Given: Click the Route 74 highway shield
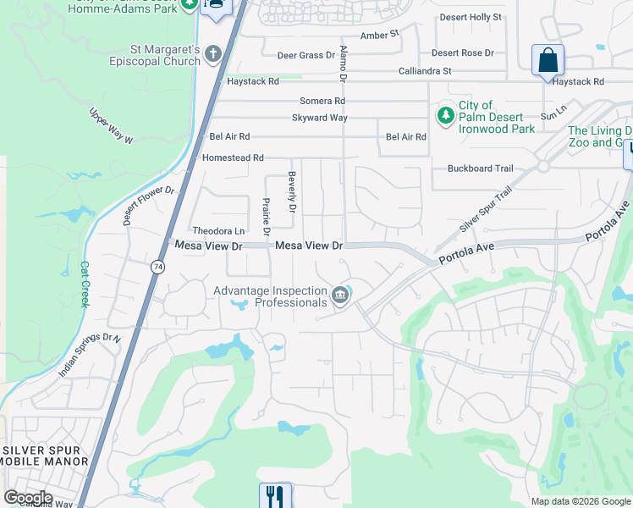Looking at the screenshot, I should [157, 267].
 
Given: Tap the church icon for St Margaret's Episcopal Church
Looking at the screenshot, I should [213, 55].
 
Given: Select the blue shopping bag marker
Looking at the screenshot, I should [548, 62].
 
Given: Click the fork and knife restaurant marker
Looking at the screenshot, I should [275, 495].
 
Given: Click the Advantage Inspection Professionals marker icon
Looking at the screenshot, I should [340, 295].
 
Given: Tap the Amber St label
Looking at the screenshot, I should [379, 35].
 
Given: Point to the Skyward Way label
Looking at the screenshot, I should [320, 118].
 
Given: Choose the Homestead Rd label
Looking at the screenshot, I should [233, 157].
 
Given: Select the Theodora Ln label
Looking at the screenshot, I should [218, 230].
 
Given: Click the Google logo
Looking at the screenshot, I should [28, 498].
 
